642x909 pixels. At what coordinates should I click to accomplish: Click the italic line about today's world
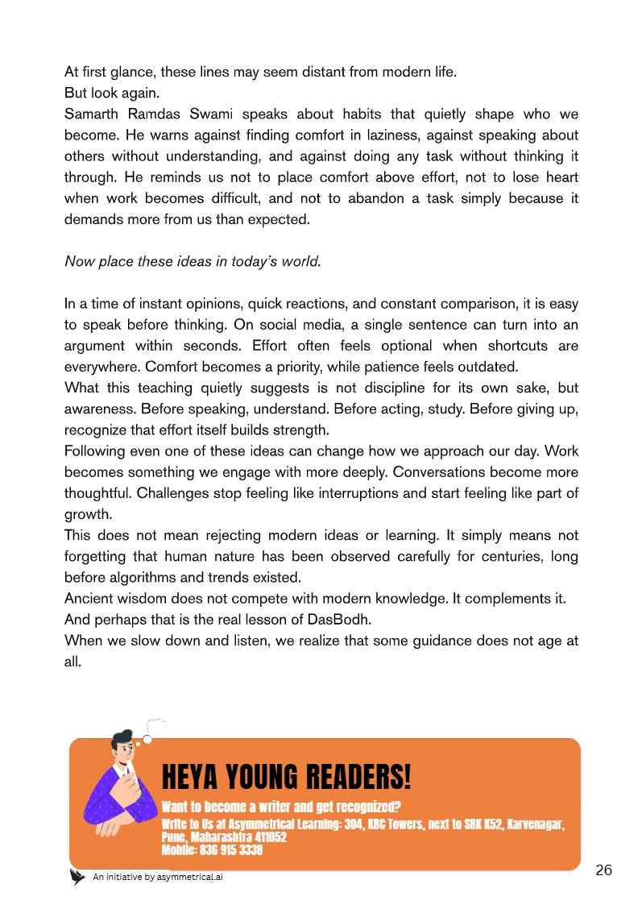(x=193, y=261)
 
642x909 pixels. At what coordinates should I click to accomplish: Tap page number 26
(x=603, y=870)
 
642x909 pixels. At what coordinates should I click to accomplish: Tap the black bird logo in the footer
(x=77, y=877)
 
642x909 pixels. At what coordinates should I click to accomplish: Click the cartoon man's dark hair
(x=122, y=738)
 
